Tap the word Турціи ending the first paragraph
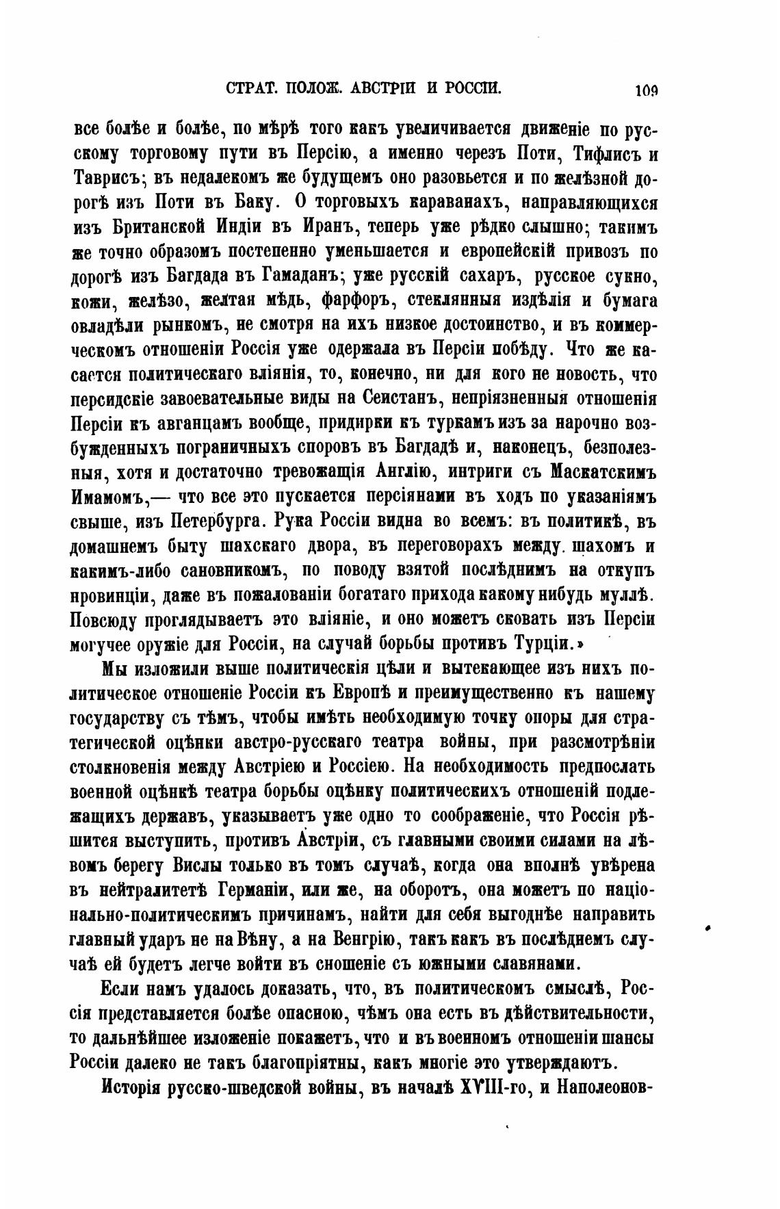click(541, 644)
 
